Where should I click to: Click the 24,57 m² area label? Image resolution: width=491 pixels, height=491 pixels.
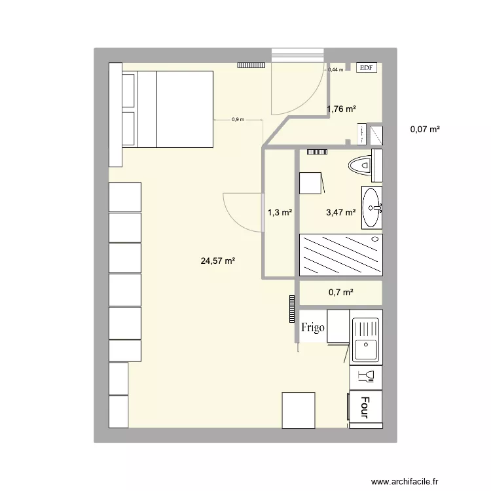click(x=218, y=261)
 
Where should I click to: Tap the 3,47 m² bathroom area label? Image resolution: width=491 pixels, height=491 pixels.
click(x=340, y=212)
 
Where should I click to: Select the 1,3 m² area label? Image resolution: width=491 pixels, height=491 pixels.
click(x=280, y=212)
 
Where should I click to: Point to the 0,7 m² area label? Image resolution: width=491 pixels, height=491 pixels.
click(x=341, y=293)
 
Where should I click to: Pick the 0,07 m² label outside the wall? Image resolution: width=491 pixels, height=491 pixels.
click(x=425, y=129)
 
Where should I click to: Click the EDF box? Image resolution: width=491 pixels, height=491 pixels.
click(x=367, y=67)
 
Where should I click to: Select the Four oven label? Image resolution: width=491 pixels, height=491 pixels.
click(x=365, y=407)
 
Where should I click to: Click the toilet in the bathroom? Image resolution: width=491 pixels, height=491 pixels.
click(x=361, y=164)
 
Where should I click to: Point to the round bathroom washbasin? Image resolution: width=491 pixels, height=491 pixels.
click(x=372, y=208)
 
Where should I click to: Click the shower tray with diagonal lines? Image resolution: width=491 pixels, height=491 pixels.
click(x=340, y=255)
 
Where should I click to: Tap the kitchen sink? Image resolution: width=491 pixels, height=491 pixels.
click(x=365, y=340)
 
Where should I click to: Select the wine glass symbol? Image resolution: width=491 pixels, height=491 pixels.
click(x=365, y=375)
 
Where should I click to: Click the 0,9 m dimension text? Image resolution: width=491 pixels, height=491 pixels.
click(x=238, y=119)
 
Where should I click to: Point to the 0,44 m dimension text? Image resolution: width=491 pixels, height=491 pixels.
click(x=335, y=69)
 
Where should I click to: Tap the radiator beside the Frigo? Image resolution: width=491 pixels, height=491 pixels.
click(x=291, y=308)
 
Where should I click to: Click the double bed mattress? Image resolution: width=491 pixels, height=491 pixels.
click(x=175, y=109)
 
